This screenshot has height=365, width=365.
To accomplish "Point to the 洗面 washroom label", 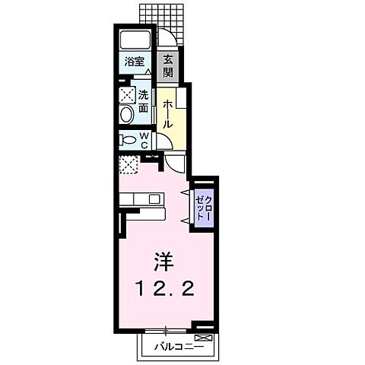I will pos(142,103).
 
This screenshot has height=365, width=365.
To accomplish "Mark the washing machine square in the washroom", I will pos(126,96).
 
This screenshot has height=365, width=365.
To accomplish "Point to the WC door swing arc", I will pos(162,142).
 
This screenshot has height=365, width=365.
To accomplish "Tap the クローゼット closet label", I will pos(202,205).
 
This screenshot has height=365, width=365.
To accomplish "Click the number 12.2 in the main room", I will pos(164,289).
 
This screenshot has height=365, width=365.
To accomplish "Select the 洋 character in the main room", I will pos(164,263).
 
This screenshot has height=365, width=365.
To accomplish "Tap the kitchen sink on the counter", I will pos(154,199).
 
